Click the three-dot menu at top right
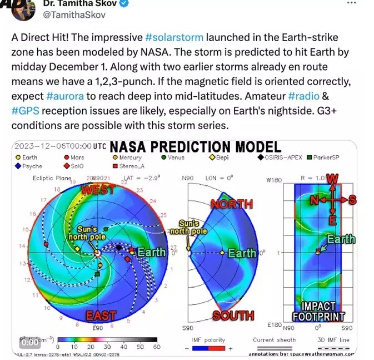[x=351, y=3]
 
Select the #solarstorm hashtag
[x=174, y=38]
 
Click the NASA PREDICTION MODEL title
[x=195, y=147]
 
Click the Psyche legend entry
[x=31, y=166]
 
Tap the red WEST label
[x=98, y=190]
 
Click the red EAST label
[x=101, y=315]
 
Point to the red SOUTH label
[x=233, y=316]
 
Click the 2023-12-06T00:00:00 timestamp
[x=52, y=146]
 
